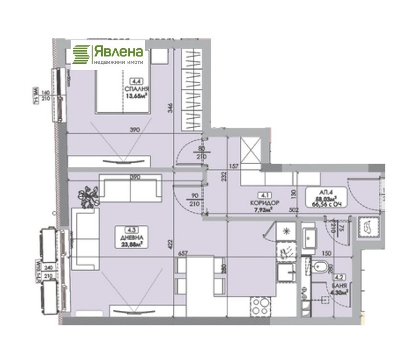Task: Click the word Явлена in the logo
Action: click(x=118, y=51)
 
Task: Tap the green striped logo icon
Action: click(x=81, y=54)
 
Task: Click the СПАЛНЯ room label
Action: click(x=135, y=89)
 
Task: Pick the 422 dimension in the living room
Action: click(x=169, y=243)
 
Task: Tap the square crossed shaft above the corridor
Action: click(x=250, y=152)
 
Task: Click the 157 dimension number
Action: click(x=234, y=166)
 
